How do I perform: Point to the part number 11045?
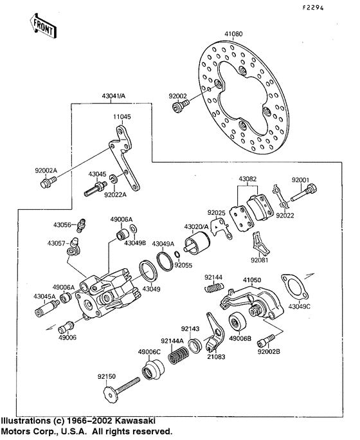click(122, 117)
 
